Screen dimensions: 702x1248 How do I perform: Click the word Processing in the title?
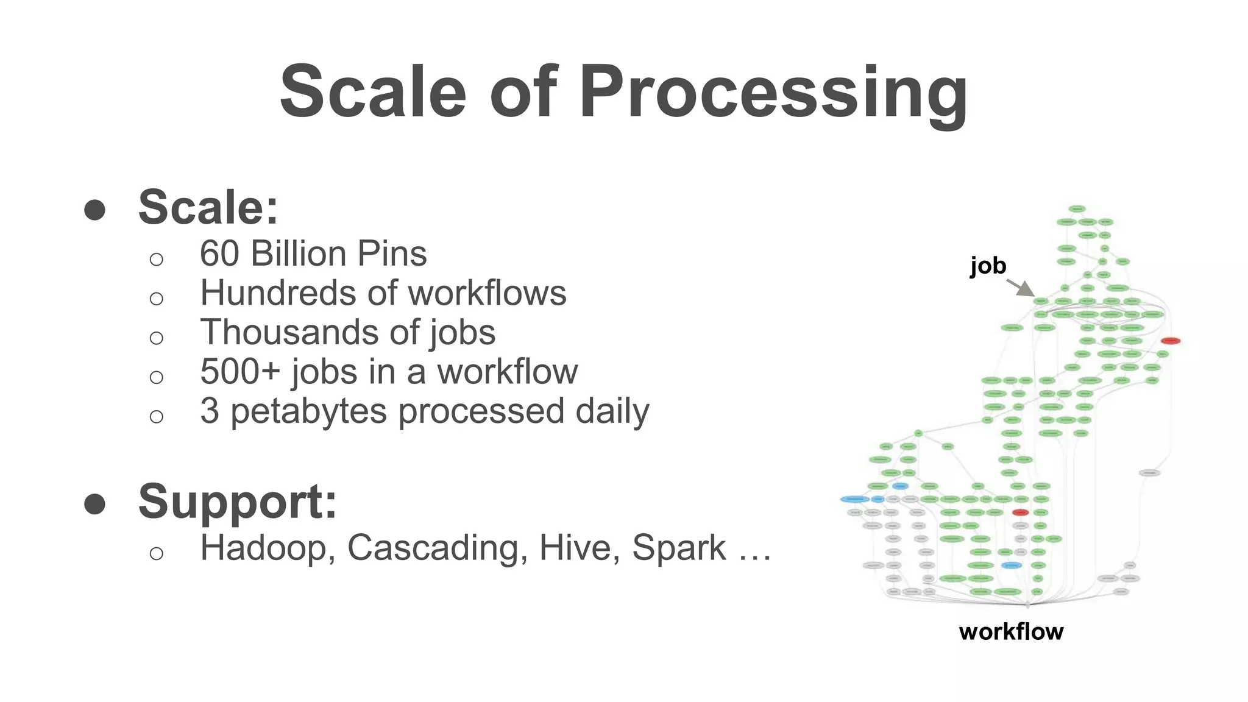pos(773,93)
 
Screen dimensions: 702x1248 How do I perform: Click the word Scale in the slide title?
pos(373,93)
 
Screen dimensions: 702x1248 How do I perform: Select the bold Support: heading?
pos(238,502)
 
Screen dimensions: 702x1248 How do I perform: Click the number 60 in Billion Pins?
pos(219,253)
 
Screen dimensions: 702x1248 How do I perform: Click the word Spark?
pos(679,548)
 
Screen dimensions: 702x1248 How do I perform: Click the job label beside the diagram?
pos(988,266)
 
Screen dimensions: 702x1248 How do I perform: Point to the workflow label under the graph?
pos(1011,631)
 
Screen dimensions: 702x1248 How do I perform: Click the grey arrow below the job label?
pos(1022,288)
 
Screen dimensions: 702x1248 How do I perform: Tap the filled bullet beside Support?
pos(95,504)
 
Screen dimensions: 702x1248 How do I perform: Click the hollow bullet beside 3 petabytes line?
pos(157,417)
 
